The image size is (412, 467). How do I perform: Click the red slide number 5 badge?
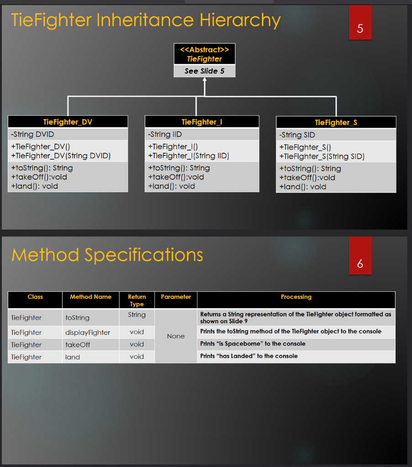coord(360,23)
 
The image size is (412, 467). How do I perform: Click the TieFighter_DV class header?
coord(68,122)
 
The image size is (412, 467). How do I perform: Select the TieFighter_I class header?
coord(202,122)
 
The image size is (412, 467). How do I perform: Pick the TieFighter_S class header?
coord(336,122)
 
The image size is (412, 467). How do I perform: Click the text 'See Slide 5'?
coord(204,71)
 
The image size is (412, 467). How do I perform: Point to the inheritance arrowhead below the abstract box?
coord(204,80)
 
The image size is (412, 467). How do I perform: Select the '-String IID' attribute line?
coord(165,134)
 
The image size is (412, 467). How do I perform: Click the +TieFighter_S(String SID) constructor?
coord(322,156)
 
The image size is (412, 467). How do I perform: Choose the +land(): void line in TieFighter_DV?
coord(35,186)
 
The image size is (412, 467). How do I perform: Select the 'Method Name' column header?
coord(90,297)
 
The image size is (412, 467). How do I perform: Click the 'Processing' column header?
coord(296,297)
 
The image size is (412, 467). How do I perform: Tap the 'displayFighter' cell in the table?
coord(88,332)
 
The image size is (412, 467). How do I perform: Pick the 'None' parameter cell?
coord(176,336)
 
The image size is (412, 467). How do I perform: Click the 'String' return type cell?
coord(137,315)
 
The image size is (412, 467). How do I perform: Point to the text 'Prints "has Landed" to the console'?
coord(249,356)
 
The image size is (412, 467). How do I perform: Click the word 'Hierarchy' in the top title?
coord(240,21)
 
